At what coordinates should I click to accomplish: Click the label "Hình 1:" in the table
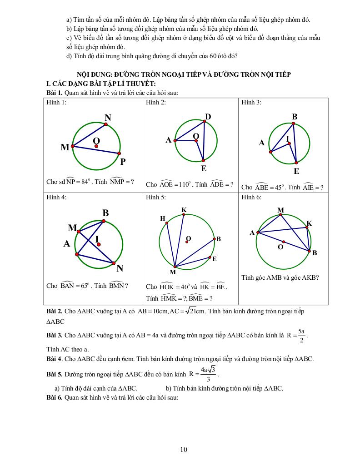point(56,103)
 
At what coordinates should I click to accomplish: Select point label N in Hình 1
point(108,119)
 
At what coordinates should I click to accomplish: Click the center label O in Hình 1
point(96,141)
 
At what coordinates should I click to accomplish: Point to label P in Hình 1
point(123,162)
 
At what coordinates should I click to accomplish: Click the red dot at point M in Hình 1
point(73,146)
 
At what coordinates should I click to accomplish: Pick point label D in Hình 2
point(208,117)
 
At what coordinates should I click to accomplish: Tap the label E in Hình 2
point(204,168)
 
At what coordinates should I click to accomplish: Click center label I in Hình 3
point(287,139)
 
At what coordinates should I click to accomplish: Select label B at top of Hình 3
point(295,117)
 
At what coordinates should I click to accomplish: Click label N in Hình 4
point(120,268)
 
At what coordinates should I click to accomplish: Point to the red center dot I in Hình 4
point(99,244)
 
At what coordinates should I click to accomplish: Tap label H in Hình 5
point(162,218)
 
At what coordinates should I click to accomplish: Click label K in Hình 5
point(184,210)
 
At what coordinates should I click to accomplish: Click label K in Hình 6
point(309,223)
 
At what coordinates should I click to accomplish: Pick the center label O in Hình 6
point(280,247)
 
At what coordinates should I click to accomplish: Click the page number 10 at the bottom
point(184,450)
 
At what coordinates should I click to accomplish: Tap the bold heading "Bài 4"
point(55,359)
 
